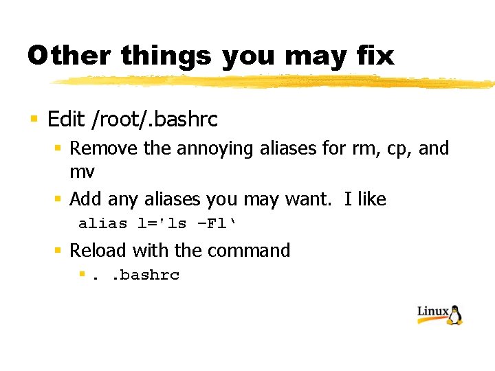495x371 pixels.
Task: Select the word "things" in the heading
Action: (166, 56)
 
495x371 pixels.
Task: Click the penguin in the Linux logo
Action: (455, 313)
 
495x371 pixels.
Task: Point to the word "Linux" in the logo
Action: (433, 312)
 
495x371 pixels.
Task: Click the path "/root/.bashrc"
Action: (154, 120)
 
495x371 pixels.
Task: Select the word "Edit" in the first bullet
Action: (66, 120)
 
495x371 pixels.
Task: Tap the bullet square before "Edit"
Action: (34, 120)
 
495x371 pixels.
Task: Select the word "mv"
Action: (82, 170)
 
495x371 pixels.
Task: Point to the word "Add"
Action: (85, 199)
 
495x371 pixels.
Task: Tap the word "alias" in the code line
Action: (103, 224)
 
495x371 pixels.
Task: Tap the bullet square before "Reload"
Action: (59, 251)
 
